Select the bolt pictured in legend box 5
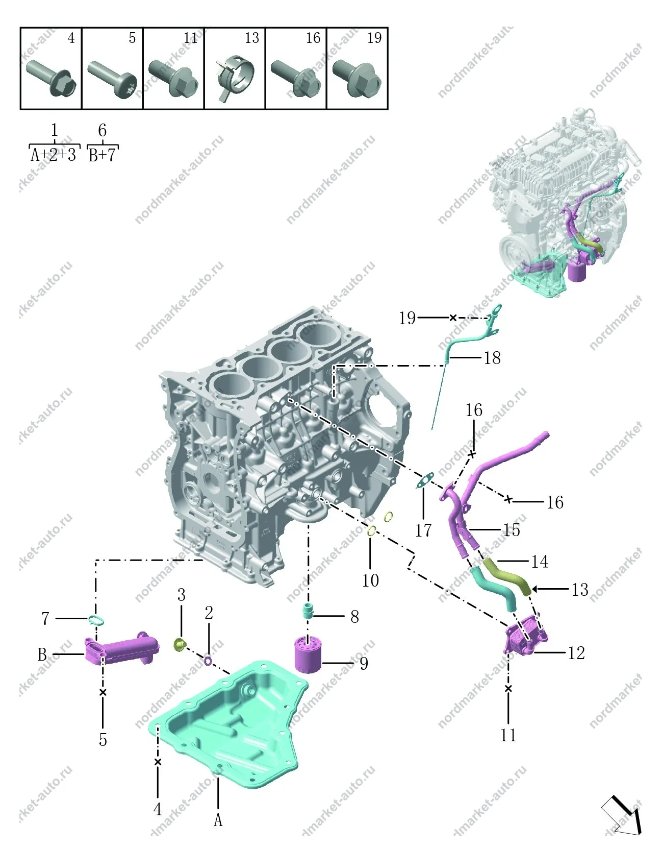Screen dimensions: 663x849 [x=112, y=79]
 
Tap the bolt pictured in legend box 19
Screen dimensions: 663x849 [x=357, y=78]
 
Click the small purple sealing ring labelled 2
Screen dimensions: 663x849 [x=209, y=661]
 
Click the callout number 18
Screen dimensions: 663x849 [x=492, y=358]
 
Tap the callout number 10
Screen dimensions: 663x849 [x=370, y=580]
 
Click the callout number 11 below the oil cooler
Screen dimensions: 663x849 [x=508, y=736]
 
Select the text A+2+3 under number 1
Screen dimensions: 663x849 [x=54, y=155]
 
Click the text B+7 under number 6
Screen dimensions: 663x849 [x=102, y=155]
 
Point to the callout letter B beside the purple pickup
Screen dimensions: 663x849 [x=42, y=654]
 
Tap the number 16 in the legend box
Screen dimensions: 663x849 [x=313, y=38]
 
